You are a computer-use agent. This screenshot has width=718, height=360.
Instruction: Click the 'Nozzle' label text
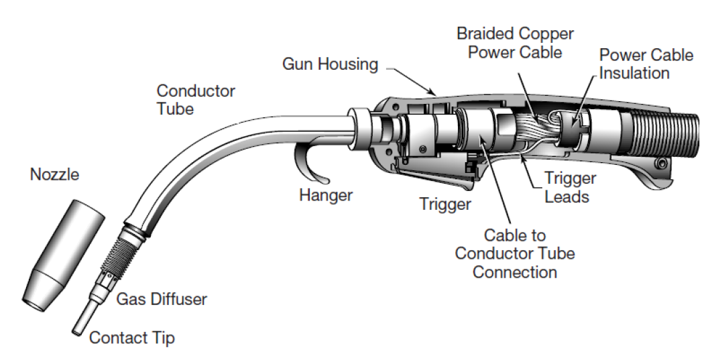pyautogui.click(x=54, y=175)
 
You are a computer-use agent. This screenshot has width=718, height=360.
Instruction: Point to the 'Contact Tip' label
pyautogui.click(x=131, y=337)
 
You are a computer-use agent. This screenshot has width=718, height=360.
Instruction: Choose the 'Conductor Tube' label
pyautogui.click(x=195, y=99)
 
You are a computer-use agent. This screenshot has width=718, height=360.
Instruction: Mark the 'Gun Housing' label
pyautogui.click(x=330, y=64)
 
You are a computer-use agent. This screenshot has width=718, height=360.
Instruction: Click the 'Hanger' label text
pyautogui.click(x=325, y=195)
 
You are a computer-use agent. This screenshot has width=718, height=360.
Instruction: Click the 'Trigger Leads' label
pyautogui.click(x=569, y=187)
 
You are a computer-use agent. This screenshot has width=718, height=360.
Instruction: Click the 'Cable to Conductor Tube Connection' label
pyautogui.click(x=515, y=254)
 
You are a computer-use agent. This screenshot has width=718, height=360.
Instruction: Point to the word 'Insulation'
pyautogui.click(x=634, y=72)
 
